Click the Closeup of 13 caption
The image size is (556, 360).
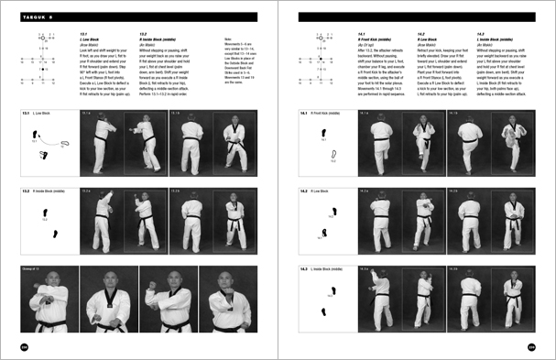[x=36, y=269]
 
